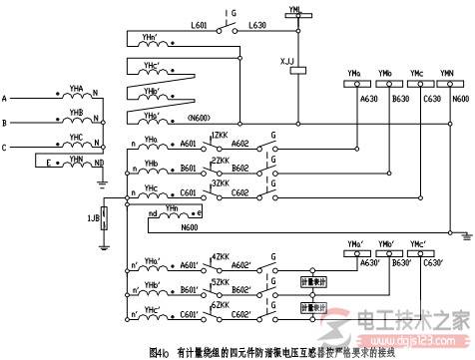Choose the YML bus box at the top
[x=292, y=8]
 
